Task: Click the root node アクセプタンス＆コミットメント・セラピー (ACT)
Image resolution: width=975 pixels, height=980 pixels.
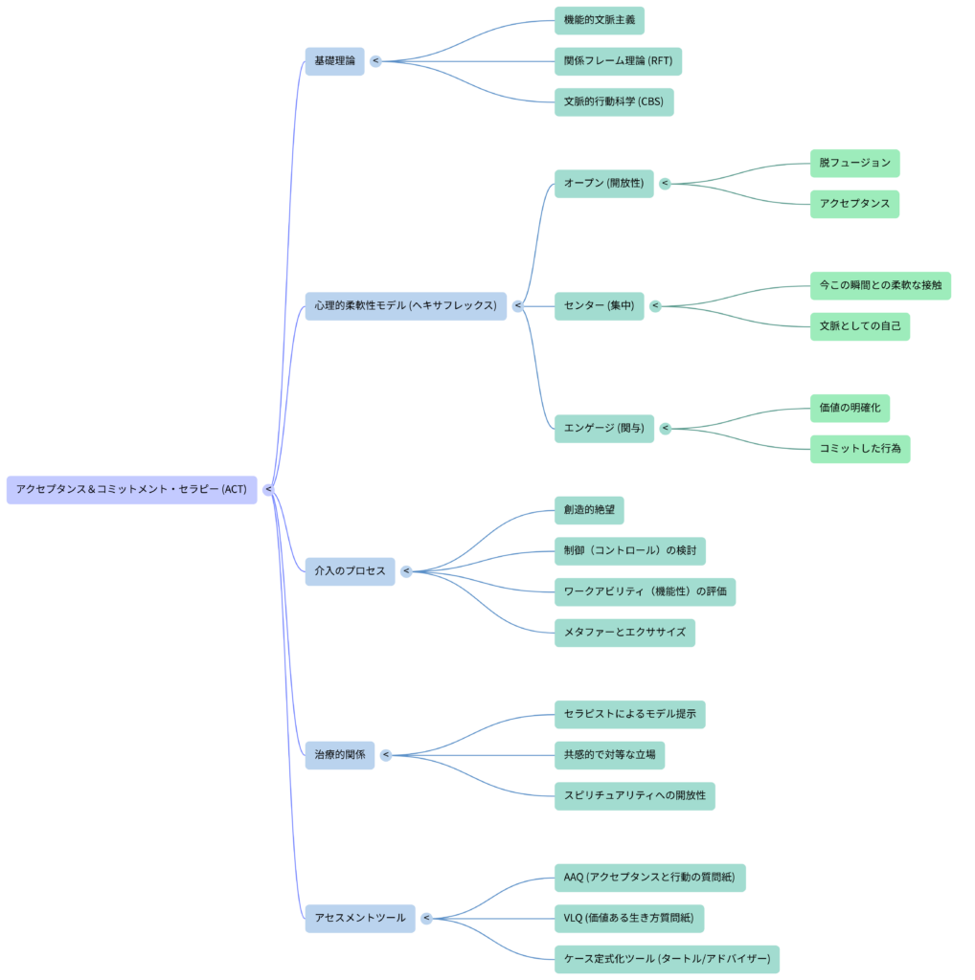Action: (131, 489)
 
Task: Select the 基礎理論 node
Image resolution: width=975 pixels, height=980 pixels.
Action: (334, 61)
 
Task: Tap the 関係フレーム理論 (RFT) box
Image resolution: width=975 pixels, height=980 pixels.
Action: (618, 61)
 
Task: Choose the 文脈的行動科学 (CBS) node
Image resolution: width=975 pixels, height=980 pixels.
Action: (613, 102)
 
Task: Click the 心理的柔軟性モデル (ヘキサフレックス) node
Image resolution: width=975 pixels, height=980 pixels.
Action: (405, 305)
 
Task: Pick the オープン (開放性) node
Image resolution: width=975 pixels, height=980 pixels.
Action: (603, 184)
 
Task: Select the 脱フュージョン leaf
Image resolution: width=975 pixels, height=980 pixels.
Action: (854, 163)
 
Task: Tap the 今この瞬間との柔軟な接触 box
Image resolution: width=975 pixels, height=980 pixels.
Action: (880, 285)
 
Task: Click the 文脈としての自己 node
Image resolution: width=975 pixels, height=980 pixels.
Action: (859, 326)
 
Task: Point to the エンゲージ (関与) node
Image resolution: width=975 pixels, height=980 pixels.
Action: (603, 429)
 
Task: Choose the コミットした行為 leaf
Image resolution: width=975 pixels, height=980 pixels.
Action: (860, 449)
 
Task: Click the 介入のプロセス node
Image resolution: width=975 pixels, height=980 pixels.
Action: (350, 571)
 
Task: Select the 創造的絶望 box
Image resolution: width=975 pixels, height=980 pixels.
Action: (589, 510)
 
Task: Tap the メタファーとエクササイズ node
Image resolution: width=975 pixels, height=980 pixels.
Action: (624, 633)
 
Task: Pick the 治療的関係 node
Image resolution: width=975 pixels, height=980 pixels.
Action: (339, 755)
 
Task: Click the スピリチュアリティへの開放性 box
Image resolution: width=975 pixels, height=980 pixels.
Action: (634, 796)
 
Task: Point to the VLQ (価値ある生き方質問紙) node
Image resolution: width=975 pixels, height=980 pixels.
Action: (629, 919)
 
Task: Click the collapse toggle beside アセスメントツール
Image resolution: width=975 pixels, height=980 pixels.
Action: (426, 919)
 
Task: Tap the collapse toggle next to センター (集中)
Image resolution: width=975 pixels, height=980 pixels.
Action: (655, 306)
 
